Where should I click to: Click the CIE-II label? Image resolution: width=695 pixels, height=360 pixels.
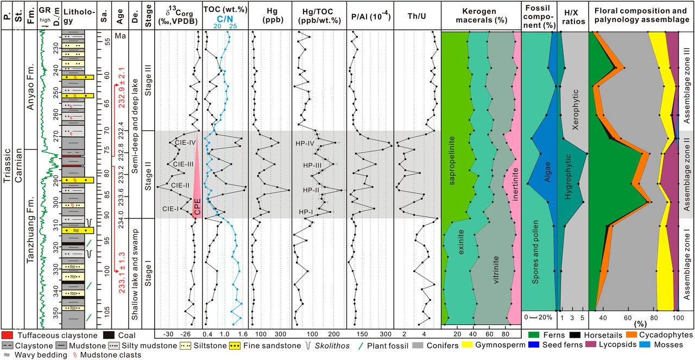(x=180, y=186)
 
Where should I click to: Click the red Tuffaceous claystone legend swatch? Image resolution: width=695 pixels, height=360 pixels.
(x=8, y=336)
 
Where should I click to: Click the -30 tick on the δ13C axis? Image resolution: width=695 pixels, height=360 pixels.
(x=168, y=333)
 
